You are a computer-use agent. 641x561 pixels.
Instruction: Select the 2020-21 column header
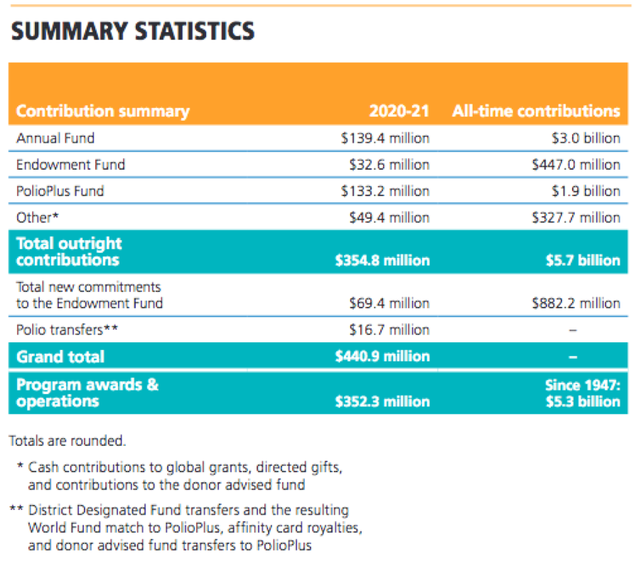pos(399,111)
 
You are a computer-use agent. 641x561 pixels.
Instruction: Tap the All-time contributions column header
pos(536,111)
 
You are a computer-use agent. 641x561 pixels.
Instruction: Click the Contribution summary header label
pos(103,111)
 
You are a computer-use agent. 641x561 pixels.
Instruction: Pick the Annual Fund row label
pos(55,138)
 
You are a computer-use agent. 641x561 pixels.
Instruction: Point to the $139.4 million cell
pos(385,138)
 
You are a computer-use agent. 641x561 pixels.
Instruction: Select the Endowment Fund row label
pos(70,165)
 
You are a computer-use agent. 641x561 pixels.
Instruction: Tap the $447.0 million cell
pos(576,165)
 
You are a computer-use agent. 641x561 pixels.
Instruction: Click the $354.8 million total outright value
pos(382,261)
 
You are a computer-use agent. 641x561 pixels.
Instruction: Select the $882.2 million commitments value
pos(576,303)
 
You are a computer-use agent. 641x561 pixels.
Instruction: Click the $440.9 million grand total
pos(382,356)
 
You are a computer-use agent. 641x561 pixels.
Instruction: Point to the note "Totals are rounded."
pos(68,441)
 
